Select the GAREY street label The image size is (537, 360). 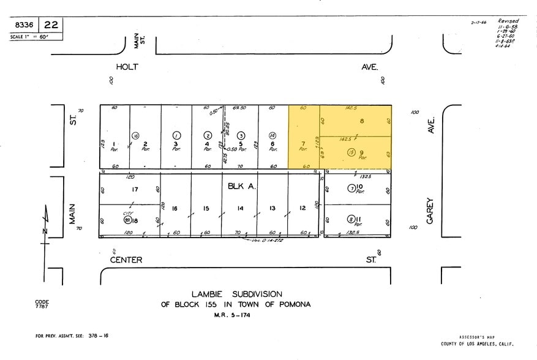pos(430,210)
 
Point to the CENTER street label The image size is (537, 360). pos(126,260)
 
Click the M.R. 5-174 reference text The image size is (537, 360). pos(232,315)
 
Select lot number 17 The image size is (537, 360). pos(135,189)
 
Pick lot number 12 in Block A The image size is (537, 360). pos(302,208)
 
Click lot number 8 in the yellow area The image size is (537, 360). pos(362,121)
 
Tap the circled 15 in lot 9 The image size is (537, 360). pos(351,152)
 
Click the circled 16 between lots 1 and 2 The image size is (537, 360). pos(136,135)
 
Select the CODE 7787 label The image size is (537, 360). pos(42,304)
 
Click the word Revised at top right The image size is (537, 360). pos(508,21)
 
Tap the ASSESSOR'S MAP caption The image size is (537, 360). pos(476,337)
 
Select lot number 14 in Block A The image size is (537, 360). pos(241,208)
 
